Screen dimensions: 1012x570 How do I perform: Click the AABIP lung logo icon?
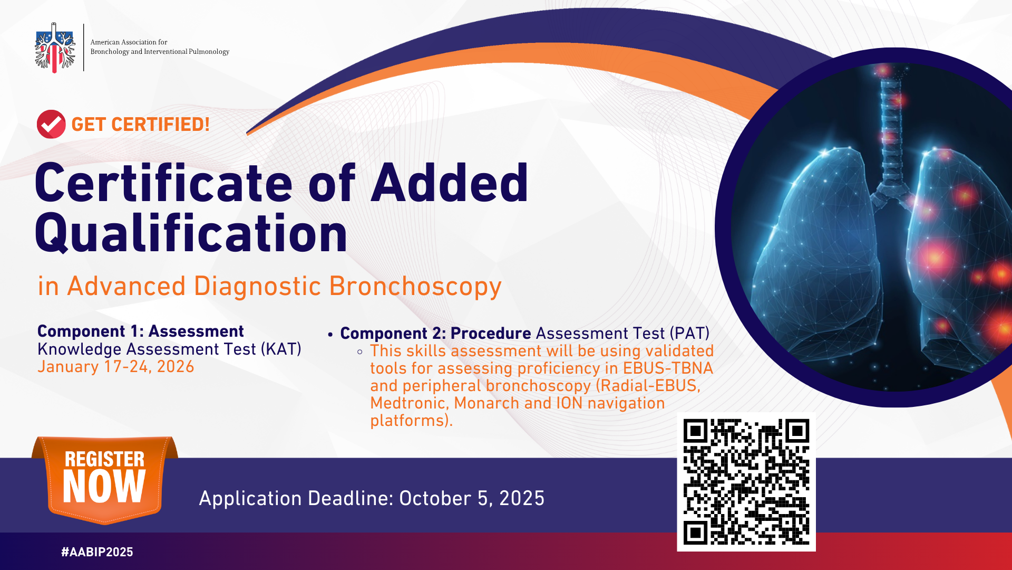(55, 47)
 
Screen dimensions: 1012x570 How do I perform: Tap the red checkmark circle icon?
(51, 124)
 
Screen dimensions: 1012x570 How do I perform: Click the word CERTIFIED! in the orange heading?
(160, 125)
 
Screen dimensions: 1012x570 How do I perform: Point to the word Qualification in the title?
(191, 233)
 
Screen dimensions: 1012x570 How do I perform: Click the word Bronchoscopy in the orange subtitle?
(415, 287)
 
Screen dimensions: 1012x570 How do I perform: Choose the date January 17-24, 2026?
(116, 367)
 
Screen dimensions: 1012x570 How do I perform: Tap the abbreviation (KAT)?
(281, 349)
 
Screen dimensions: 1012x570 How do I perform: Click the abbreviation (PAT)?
(689, 334)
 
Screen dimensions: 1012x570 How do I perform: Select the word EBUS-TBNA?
(668, 368)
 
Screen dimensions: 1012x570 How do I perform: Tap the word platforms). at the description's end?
(412, 421)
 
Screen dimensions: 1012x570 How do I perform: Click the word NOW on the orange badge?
(104, 487)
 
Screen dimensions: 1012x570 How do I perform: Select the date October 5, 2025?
(472, 499)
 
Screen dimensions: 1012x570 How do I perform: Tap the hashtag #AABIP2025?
(97, 552)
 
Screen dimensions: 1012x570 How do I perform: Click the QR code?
(746, 482)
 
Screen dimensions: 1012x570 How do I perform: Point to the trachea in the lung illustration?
(890, 132)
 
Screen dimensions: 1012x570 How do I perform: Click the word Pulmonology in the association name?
(209, 52)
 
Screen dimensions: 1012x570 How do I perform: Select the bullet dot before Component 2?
(330, 335)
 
